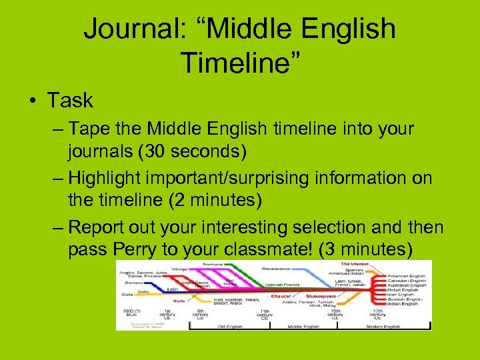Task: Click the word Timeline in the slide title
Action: coord(240,63)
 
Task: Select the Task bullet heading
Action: coord(70,101)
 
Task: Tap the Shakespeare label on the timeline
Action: coord(321,296)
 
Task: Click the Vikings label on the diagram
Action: coord(181,268)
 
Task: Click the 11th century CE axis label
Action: coord(265,315)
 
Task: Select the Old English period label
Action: coord(229,327)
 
